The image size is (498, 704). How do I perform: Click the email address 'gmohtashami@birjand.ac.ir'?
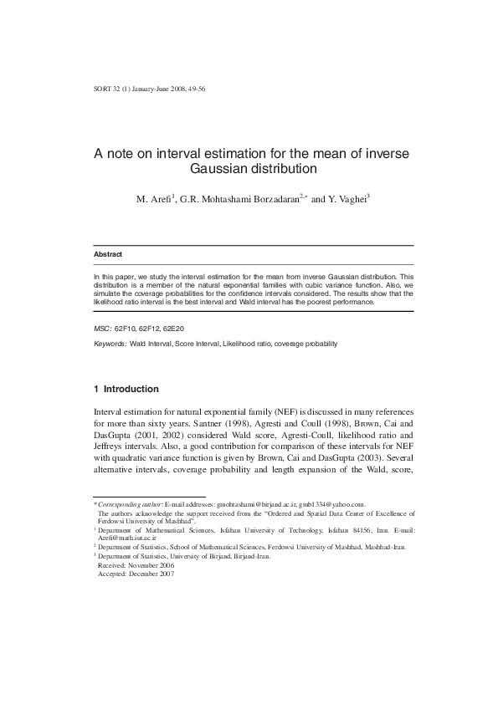[259, 505]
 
